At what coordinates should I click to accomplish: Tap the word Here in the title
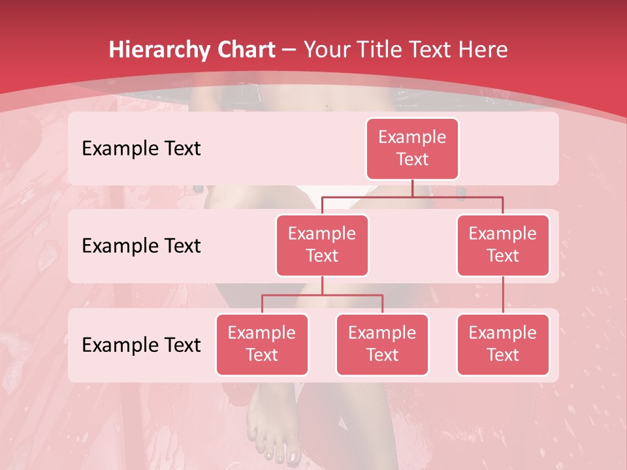(484, 50)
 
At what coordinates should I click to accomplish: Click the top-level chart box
(412, 149)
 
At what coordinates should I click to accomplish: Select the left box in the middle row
(322, 245)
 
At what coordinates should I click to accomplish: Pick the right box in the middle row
(503, 245)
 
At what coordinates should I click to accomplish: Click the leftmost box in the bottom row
(262, 345)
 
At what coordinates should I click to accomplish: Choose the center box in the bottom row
(382, 345)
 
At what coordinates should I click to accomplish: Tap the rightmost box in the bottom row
(503, 345)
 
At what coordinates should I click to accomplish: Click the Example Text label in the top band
(141, 149)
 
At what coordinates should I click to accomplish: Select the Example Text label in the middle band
(141, 246)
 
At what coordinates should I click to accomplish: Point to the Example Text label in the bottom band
(141, 345)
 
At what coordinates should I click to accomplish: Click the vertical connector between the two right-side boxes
(503, 295)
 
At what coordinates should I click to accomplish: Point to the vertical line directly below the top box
(412, 188)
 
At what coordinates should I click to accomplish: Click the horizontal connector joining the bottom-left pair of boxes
(322, 295)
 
